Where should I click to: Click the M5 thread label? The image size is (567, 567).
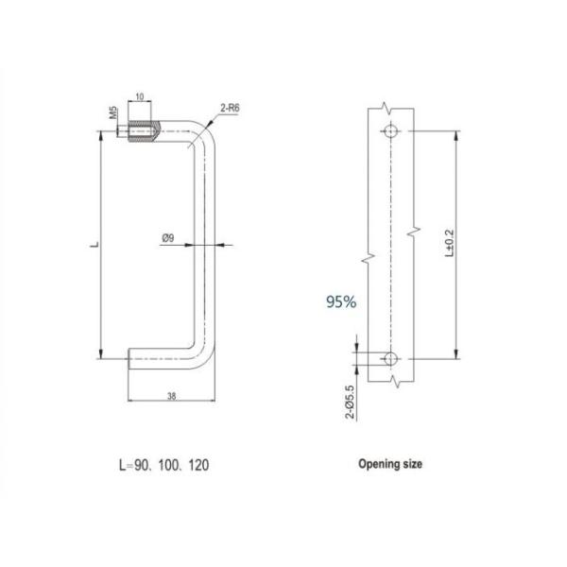[112, 115]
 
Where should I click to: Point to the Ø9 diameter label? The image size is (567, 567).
[167, 238]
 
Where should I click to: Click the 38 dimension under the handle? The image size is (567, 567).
[169, 398]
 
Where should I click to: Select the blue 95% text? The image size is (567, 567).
[340, 302]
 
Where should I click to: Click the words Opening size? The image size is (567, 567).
[390, 464]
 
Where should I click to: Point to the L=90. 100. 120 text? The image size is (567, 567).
[163, 465]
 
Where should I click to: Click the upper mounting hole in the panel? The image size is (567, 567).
[391, 132]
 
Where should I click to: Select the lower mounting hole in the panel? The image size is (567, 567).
[391, 359]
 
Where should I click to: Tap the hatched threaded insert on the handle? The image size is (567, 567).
[143, 131]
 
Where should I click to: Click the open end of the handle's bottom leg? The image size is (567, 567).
[129, 359]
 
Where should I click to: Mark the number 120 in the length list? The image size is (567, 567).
[198, 465]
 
